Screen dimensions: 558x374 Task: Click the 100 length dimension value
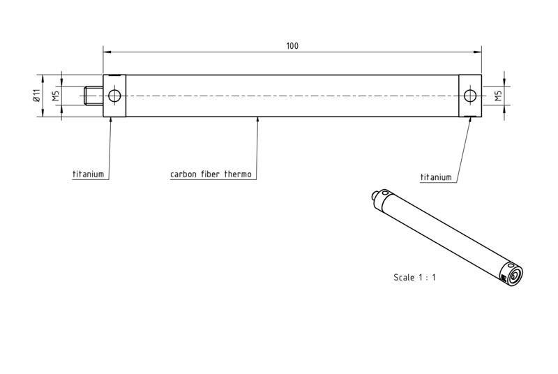[x=292, y=46]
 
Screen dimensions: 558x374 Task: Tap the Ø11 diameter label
[x=37, y=96]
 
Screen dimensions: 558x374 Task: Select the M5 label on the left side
[x=56, y=96]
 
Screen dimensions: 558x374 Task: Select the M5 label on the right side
[x=498, y=96]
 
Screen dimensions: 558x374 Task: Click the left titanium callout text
[x=89, y=174]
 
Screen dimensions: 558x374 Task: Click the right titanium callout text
[x=436, y=177]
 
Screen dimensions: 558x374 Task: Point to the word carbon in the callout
[x=183, y=174]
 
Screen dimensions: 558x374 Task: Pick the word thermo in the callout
[x=238, y=174]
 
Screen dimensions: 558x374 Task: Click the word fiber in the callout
[x=211, y=174]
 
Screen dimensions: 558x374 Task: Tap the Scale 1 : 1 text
[x=414, y=277]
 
